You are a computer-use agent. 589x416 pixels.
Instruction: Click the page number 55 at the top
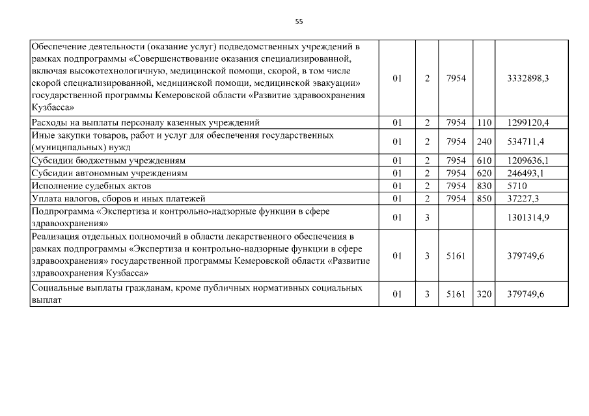(299, 21)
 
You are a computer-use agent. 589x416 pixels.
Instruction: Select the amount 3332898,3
(528, 79)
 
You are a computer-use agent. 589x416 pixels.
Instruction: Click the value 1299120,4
(528, 122)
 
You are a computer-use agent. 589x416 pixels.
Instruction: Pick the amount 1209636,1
(528, 161)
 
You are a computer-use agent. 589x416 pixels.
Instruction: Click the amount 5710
(518, 186)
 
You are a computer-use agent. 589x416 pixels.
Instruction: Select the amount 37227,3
(525, 198)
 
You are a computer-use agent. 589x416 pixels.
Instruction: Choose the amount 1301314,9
(528, 217)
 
